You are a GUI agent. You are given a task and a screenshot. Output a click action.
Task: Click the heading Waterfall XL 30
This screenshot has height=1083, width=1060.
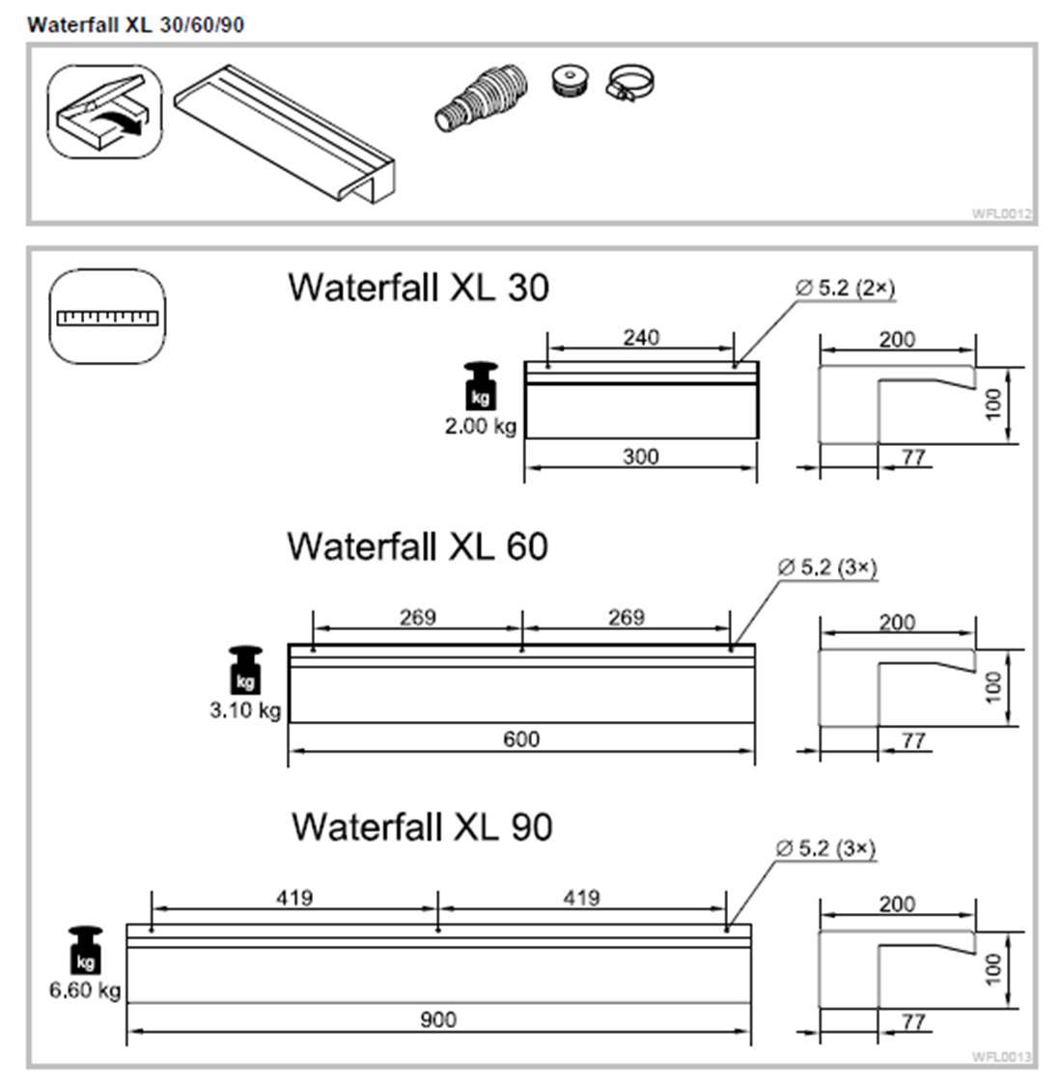[418, 287]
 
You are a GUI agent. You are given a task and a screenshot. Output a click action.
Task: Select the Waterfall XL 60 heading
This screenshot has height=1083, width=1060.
[417, 546]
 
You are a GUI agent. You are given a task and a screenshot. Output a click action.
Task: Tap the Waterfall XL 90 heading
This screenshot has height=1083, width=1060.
[422, 826]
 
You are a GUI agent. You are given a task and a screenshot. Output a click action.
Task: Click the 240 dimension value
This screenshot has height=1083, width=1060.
[641, 337]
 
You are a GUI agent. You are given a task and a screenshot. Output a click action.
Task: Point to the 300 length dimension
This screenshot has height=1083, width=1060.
[641, 457]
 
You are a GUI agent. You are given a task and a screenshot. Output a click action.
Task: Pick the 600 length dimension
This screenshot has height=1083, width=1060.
[521, 739]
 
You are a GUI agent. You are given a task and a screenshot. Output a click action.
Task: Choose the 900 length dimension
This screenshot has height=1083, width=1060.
[438, 1019]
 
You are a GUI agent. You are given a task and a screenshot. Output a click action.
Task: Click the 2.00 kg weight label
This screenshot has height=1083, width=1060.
[480, 426]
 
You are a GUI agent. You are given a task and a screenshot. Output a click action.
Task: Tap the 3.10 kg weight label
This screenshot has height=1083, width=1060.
[245, 710]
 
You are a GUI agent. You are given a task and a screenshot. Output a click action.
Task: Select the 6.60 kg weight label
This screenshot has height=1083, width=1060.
[85, 989]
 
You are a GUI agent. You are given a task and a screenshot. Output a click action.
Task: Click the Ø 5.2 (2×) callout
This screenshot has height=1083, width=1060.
[846, 288]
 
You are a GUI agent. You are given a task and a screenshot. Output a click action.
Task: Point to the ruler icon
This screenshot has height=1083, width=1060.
[106, 317]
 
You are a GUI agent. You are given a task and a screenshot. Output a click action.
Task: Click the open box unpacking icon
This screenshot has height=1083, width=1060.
[104, 112]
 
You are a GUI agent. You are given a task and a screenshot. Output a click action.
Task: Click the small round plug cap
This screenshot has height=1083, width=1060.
[572, 80]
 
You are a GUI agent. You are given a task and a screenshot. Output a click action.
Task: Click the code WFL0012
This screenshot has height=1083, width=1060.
[1002, 213]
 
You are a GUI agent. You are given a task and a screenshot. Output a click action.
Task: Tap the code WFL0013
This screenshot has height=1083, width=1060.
[1002, 1056]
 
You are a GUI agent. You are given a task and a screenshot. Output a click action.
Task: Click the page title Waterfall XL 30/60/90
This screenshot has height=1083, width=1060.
[135, 25]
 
